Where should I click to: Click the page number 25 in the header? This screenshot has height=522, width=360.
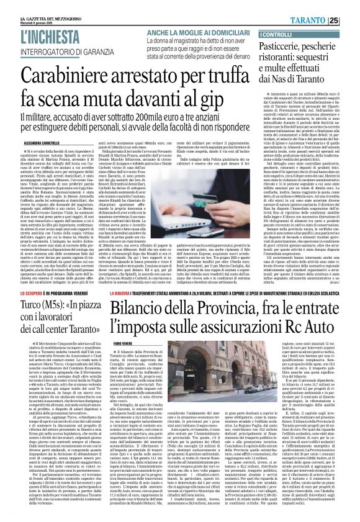351,20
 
